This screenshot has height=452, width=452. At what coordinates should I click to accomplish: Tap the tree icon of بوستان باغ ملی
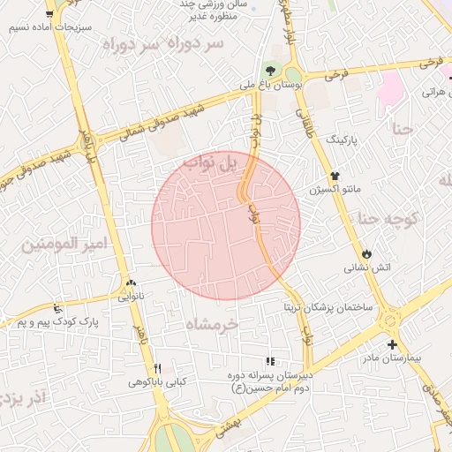[x=269, y=71]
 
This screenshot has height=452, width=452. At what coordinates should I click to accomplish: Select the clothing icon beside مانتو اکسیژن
[x=335, y=176]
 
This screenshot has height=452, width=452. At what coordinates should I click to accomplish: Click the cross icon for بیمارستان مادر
[x=392, y=345]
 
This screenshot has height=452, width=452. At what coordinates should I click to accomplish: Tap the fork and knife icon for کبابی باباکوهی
[x=157, y=368]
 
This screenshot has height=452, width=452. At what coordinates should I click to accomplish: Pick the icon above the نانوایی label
[x=132, y=283]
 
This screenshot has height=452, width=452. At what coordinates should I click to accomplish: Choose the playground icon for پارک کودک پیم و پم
[x=58, y=310]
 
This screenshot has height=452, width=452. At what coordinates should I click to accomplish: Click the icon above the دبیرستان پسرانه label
[x=270, y=361]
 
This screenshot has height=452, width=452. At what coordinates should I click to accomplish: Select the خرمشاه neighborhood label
[x=212, y=325]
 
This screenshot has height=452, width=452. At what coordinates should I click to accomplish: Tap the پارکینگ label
[x=343, y=139]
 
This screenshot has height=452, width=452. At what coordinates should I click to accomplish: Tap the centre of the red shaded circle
[x=226, y=226]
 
